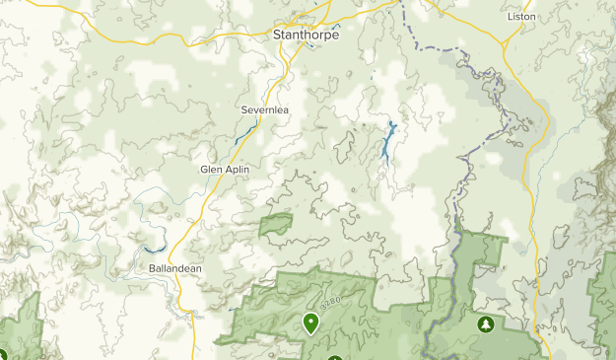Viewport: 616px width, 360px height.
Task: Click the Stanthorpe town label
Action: (305, 35)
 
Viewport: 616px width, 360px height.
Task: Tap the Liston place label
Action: (519, 17)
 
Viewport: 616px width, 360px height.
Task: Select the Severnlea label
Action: (263, 110)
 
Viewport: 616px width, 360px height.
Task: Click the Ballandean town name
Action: (175, 268)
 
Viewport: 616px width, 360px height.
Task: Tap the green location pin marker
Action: (311, 322)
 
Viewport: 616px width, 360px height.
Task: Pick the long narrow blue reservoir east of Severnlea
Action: (388, 143)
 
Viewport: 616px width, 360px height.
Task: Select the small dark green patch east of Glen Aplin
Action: (277, 225)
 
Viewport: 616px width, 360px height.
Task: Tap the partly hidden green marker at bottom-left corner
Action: (2, 355)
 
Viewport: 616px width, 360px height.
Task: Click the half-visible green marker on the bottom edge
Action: (335, 357)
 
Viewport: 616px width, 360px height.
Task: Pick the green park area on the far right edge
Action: (603, 306)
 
